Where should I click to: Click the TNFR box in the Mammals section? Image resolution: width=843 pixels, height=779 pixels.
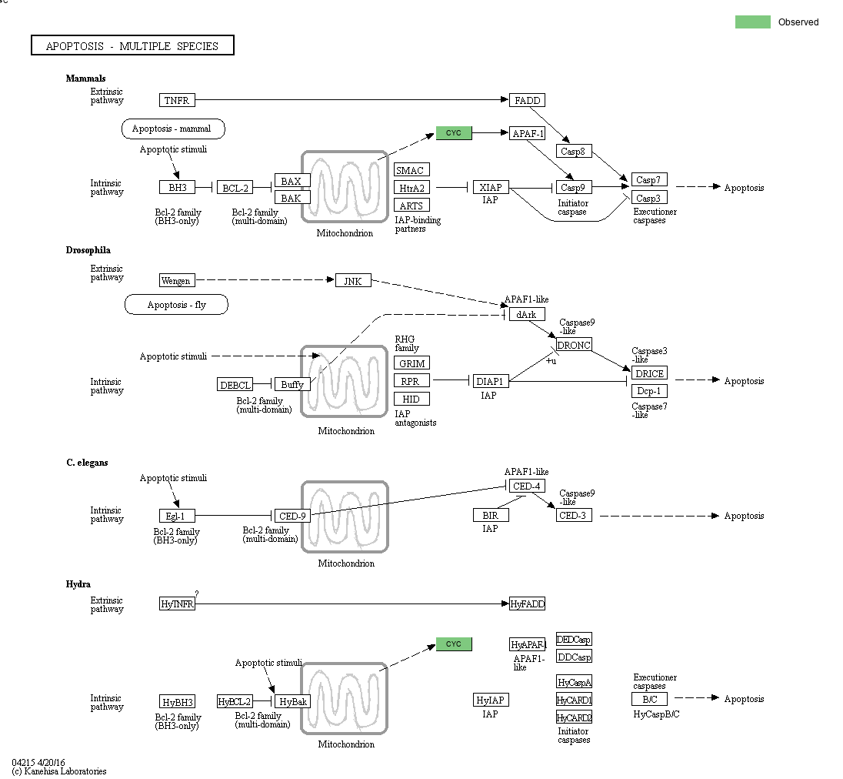point(177,100)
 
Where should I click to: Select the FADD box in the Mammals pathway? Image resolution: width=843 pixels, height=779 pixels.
point(527,100)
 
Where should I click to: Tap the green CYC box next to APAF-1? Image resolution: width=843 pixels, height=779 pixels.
point(454,133)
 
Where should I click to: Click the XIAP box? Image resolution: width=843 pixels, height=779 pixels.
point(491,187)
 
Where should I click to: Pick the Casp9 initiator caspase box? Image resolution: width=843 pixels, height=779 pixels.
point(572,187)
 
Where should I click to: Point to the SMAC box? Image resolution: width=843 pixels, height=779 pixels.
point(412,170)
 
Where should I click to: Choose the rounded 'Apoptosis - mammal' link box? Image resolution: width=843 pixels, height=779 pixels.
point(173,129)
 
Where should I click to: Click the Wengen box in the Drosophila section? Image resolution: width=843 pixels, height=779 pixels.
point(176,281)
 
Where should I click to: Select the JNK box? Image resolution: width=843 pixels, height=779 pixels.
point(353,281)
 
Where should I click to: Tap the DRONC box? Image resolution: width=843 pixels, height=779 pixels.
point(574,345)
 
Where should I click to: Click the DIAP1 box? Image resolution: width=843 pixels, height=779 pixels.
point(491,381)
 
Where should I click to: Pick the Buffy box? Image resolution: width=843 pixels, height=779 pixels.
point(292,384)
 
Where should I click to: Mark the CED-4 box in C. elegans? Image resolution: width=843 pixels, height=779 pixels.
point(527,486)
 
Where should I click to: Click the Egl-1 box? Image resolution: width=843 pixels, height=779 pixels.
point(176,516)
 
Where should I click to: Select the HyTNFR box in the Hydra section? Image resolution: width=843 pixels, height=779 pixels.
point(177,604)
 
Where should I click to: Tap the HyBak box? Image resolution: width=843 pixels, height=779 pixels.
point(293,701)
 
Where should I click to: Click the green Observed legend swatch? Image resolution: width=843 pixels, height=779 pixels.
point(752,22)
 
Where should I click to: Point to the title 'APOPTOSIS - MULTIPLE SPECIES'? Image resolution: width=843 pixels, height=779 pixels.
point(132,46)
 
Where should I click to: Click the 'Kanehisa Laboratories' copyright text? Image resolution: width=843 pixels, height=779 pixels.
point(59,771)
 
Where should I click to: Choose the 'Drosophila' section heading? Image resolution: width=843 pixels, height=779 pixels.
point(88,250)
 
